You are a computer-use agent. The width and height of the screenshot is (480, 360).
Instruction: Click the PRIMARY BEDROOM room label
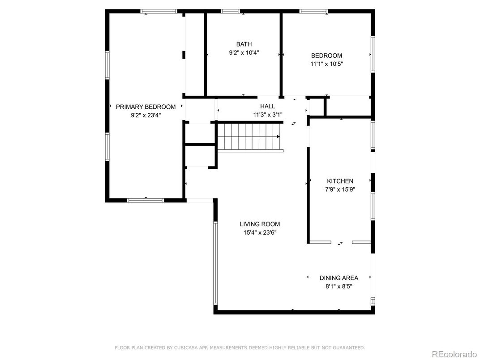pos(146,107)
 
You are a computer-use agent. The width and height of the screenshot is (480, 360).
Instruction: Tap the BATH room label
pos(244,44)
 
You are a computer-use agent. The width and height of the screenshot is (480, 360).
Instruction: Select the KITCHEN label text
pos(340,181)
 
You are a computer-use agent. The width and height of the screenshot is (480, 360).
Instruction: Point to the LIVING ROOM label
pos(260,224)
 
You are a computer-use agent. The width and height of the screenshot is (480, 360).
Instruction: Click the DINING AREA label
pos(339,278)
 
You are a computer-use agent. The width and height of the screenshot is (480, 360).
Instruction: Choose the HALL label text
pos(268,106)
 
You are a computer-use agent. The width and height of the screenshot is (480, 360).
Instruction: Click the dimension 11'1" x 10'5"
pos(326,64)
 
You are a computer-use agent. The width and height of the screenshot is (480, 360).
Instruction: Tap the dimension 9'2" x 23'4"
pos(146,116)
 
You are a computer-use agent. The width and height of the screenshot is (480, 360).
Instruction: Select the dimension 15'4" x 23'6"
pos(260,233)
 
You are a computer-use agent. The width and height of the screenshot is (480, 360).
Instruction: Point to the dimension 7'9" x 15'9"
pos(340,189)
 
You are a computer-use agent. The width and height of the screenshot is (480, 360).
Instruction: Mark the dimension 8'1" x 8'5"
pos(339,287)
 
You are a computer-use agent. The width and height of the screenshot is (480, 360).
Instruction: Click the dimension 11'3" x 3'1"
pos(268,115)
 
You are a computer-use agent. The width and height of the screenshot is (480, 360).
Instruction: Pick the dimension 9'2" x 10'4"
pos(244,53)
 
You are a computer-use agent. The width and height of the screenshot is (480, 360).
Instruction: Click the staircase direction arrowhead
pos(278,137)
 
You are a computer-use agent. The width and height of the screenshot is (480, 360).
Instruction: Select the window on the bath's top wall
pos(231,11)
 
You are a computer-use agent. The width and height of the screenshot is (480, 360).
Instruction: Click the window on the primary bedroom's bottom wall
pos(146,201)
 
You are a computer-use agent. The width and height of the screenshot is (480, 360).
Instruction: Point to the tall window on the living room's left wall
pos(215,263)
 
